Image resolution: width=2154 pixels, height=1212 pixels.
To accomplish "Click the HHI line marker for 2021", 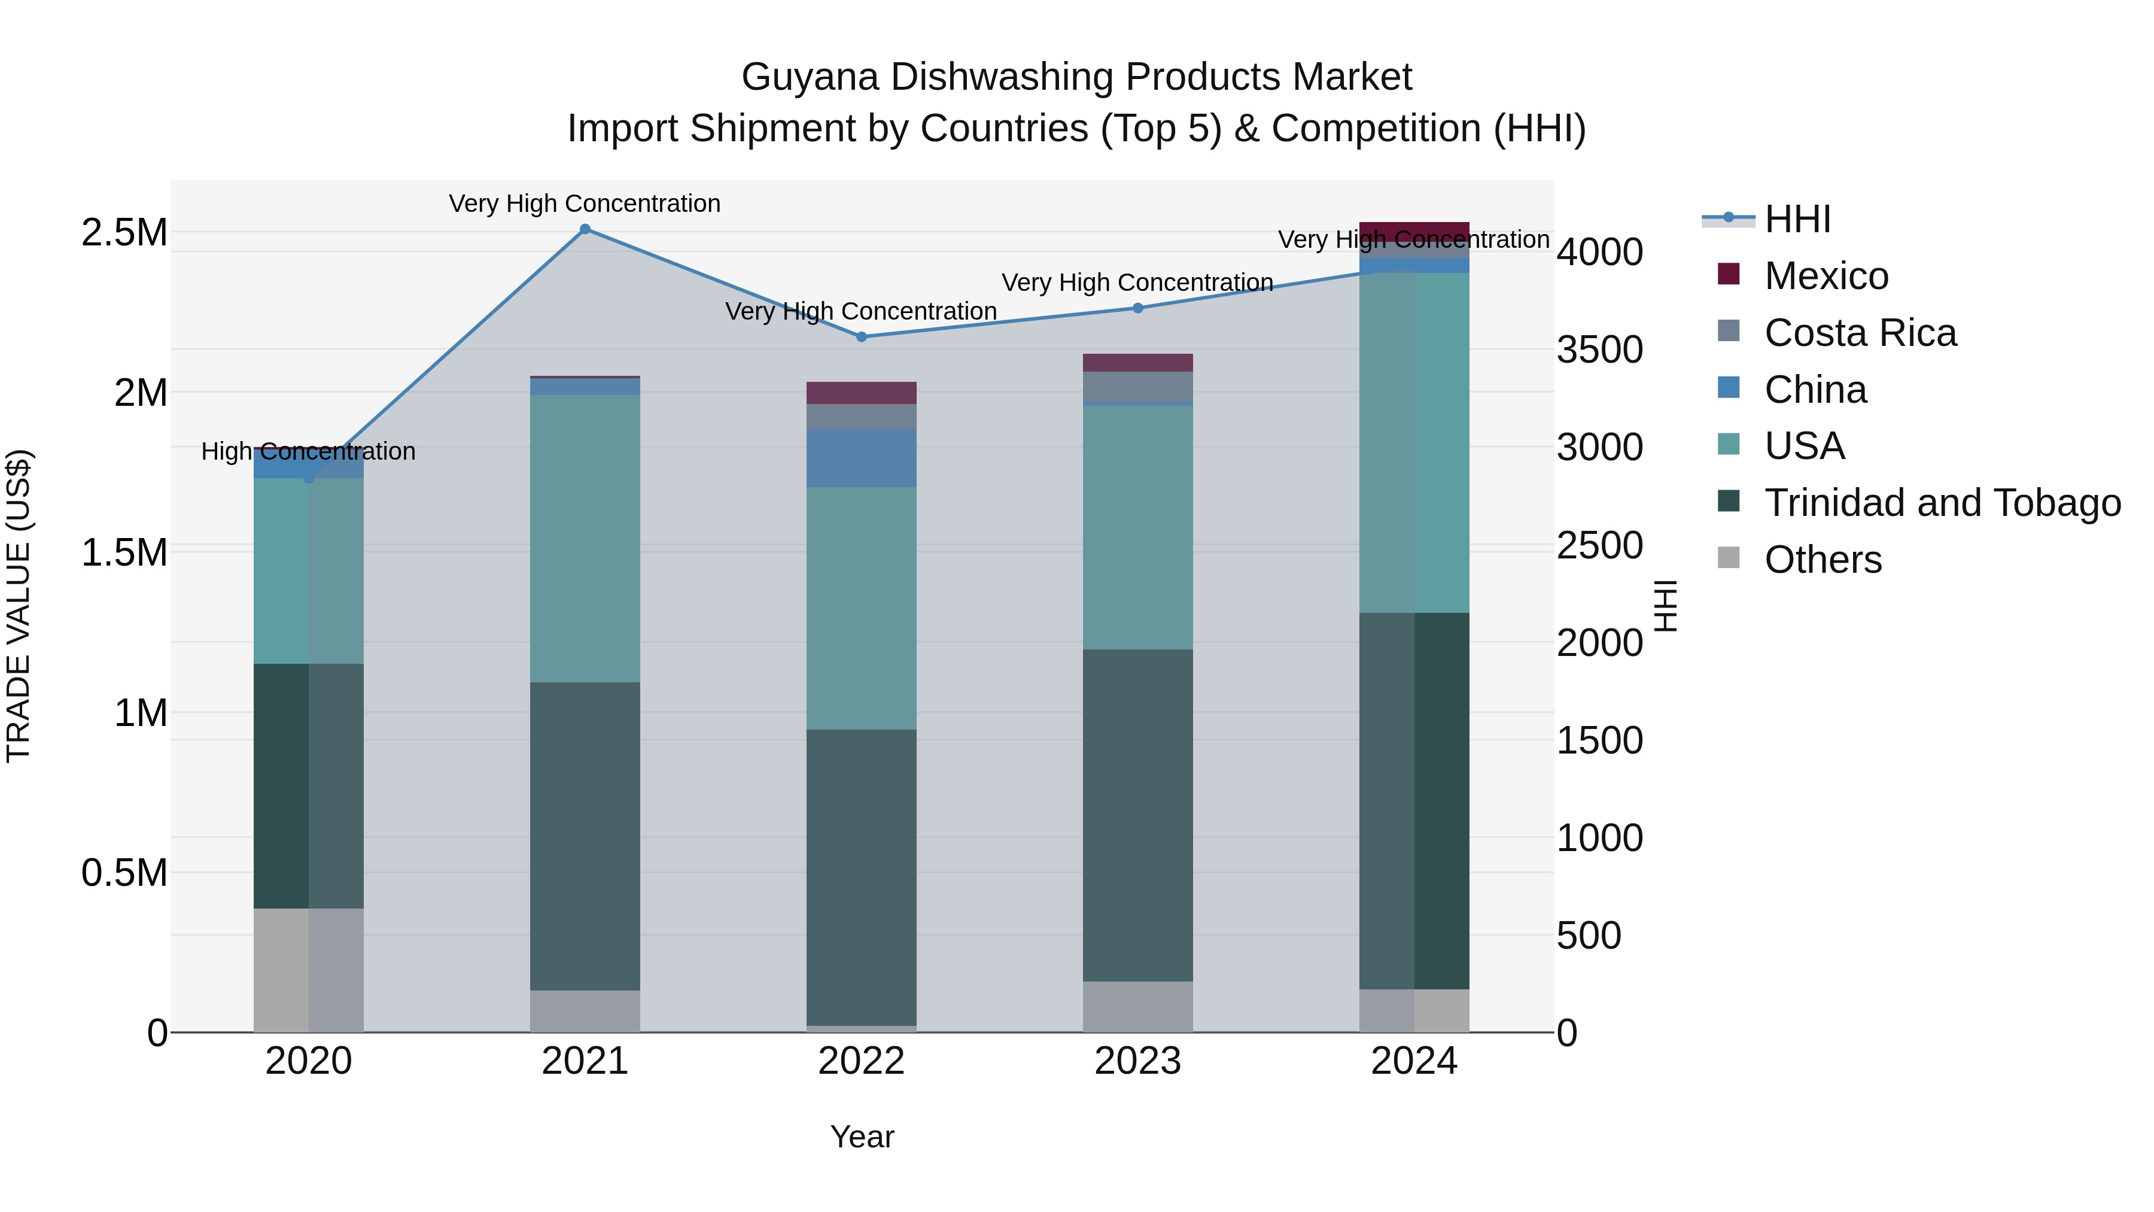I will coord(585,229).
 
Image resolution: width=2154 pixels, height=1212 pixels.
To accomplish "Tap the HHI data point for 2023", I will coord(1137,308).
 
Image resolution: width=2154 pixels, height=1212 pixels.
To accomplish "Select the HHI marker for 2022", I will coord(861,337).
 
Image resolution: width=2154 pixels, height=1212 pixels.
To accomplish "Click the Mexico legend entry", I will coord(1826,276).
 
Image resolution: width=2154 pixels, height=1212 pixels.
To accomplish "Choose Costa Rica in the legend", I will coord(1860,333).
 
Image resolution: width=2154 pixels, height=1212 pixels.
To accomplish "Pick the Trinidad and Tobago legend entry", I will coord(1942,503).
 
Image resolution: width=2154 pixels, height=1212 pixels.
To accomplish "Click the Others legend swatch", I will coord(1729,558).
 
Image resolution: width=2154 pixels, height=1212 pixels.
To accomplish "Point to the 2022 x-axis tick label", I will coord(861,1061).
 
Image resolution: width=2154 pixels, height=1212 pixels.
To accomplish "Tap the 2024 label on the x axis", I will coord(1414,1061).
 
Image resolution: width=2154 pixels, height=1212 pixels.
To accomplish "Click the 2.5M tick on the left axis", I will coord(124,233).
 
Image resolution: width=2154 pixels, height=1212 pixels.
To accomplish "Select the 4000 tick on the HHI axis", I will coord(1599,252).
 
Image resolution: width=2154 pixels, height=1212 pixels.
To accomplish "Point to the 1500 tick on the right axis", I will coord(1599,740).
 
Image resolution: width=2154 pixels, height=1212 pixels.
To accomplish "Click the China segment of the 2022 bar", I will coord(861,458).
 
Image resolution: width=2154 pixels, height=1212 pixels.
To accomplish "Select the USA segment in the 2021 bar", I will coord(585,538).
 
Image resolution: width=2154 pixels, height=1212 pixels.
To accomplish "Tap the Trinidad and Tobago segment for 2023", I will coord(1137,816).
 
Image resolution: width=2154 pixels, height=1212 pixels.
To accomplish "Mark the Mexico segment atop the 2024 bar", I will coord(1414,231).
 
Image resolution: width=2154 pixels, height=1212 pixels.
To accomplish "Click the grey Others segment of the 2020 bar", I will coord(309,970).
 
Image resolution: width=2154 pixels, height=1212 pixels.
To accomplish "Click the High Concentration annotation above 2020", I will coord(309,452).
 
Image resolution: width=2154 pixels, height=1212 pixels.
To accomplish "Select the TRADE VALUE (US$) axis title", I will coord(19,606).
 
